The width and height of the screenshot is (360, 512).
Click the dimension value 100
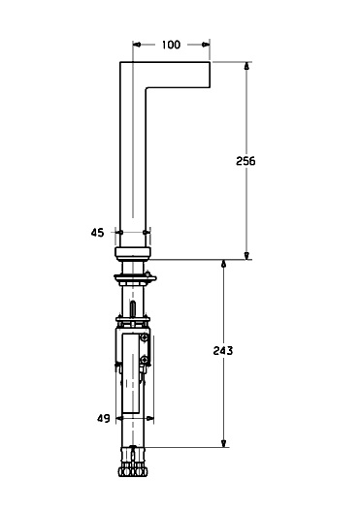tap(171, 45)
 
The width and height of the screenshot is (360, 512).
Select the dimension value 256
tap(245, 161)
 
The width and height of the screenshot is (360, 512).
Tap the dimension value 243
tap(223, 351)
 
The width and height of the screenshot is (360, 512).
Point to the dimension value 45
tap(97, 233)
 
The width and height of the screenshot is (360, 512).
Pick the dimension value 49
tap(104, 418)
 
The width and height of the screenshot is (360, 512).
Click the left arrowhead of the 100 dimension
tap(137, 45)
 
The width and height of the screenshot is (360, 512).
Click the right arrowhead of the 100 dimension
tap(206, 45)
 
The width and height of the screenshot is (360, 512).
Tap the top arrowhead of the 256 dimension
tap(246, 66)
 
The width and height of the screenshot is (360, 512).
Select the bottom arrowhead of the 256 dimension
tap(246, 256)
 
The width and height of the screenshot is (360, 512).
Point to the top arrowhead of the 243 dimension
tap(224, 264)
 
